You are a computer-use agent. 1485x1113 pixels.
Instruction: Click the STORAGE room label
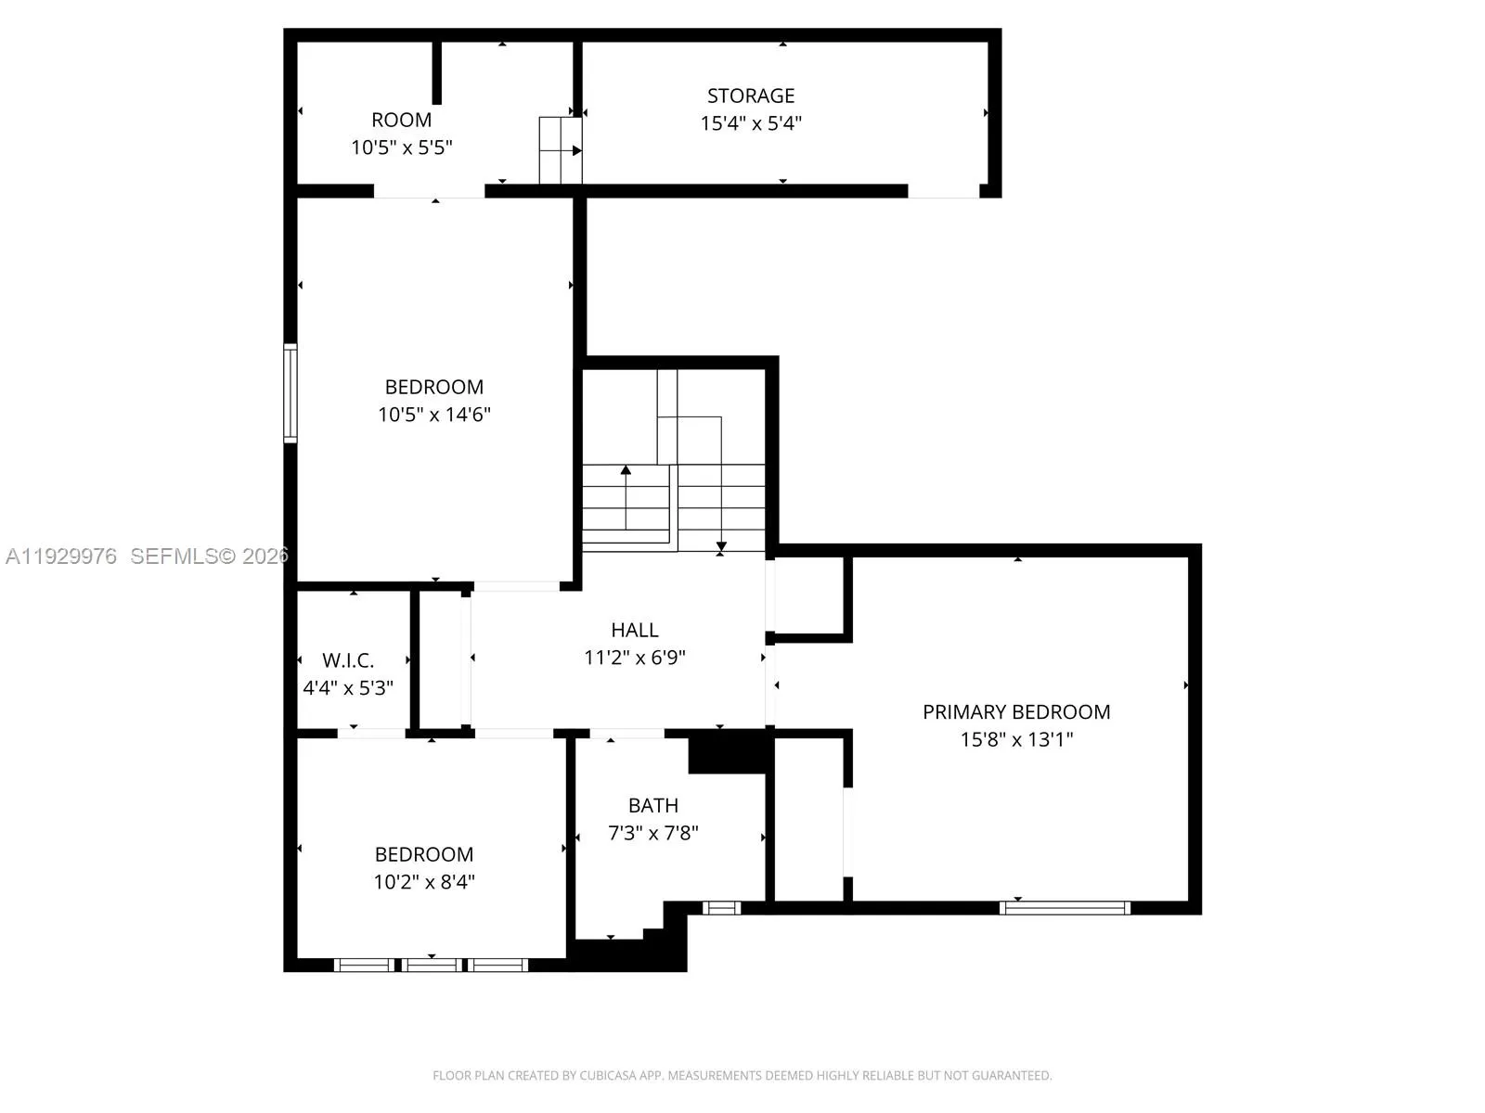click(750, 96)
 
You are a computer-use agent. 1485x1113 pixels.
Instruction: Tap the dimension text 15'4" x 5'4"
click(750, 123)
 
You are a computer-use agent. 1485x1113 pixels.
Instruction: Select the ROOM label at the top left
click(401, 120)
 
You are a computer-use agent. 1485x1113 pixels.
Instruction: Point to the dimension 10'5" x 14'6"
click(433, 415)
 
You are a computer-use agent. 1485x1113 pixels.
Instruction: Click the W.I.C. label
click(348, 660)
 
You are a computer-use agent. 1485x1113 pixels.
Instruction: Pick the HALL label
click(635, 630)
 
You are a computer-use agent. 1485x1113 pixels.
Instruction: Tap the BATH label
click(652, 805)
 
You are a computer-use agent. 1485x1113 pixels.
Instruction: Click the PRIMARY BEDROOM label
click(1016, 711)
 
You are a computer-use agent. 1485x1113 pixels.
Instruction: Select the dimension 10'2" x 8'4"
click(424, 882)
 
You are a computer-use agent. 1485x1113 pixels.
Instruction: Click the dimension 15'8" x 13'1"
click(1016, 739)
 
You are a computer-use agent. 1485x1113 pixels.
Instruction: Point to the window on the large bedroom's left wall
click(291, 392)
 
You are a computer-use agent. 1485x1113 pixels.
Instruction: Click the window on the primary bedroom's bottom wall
click(1065, 908)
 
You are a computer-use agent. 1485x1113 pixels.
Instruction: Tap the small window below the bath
click(721, 908)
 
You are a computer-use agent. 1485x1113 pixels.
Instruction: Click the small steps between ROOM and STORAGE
click(561, 150)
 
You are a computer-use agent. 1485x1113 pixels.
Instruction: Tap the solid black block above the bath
click(730, 752)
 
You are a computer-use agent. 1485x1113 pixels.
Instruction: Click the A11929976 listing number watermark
click(61, 556)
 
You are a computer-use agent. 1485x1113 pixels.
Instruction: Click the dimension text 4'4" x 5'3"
click(348, 688)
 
